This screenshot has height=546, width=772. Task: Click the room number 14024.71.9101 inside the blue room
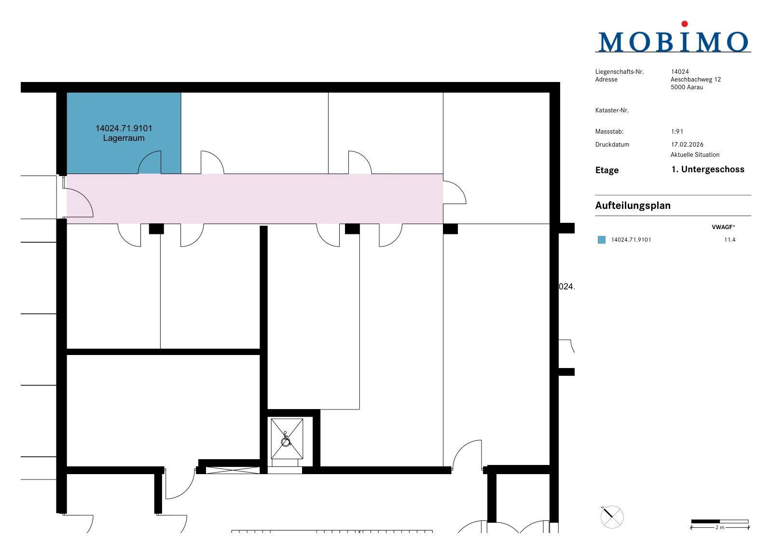point(124,128)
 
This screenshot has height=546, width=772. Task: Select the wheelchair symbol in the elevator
point(286,439)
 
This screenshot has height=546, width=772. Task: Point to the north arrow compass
point(612,517)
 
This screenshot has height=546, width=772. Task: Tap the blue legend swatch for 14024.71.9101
point(601,240)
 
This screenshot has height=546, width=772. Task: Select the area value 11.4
point(730,240)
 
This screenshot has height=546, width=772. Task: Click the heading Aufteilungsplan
point(633,205)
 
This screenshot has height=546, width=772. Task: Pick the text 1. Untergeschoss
point(708,169)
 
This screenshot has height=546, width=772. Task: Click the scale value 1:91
point(677,132)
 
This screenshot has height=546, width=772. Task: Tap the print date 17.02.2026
point(687,145)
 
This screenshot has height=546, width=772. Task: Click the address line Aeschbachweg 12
point(695,80)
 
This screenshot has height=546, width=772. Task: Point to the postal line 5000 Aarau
point(687,87)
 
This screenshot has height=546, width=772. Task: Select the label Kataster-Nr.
point(612,110)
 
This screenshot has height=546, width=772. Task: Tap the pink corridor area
point(255,199)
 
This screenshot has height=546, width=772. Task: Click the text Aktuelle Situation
point(695,155)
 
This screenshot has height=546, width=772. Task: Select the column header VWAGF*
point(723,227)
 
